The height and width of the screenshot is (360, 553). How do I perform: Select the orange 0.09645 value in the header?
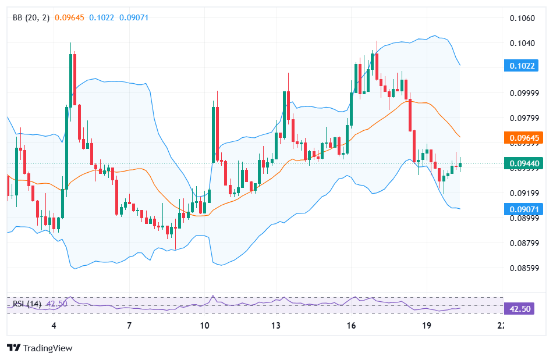point(69,17)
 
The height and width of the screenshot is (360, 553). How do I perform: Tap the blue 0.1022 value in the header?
point(102,17)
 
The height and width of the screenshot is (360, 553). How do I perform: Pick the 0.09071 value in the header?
point(134,17)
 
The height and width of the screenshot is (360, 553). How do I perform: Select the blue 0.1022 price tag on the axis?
point(519,66)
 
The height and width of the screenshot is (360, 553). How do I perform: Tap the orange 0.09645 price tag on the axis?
point(519,138)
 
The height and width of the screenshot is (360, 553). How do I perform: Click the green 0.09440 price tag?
point(519,163)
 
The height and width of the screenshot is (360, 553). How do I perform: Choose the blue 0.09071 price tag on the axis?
point(519,208)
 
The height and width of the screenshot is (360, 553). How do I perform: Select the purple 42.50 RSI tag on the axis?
point(519,308)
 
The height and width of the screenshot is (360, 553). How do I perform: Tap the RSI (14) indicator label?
point(27,304)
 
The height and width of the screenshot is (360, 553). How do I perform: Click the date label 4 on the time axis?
point(54,326)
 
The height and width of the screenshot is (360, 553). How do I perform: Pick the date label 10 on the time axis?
point(204,326)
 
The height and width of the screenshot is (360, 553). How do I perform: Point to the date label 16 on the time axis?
point(351,326)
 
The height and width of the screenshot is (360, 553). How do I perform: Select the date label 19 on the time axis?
point(426,326)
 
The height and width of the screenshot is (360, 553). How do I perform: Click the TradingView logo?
point(40,348)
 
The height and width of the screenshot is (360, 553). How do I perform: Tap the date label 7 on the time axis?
point(129,326)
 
